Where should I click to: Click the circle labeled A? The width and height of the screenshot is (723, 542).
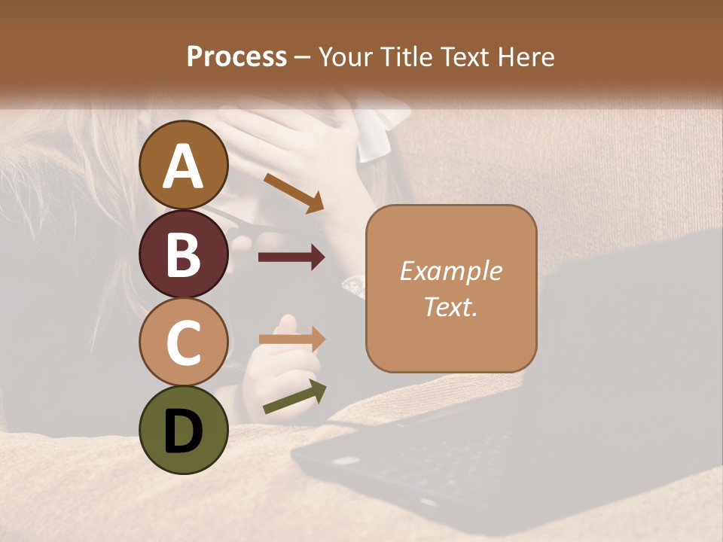(x=184, y=165)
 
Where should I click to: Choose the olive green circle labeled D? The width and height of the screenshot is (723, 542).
(x=184, y=430)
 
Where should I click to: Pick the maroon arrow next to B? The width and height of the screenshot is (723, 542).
(x=291, y=257)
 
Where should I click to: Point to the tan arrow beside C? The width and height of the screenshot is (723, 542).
(x=291, y=339)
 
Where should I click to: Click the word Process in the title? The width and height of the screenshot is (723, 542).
(x=236, y=56)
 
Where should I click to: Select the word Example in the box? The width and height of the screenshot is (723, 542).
(x=450, y=271)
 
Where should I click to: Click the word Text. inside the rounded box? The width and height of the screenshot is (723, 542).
(x=450, y=306)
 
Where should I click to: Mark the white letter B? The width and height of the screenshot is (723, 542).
(x=184, y=254)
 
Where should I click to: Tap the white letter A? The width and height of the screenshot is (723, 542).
(x=184, y=166)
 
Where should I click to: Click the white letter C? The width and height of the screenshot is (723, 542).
(x=184, y=342)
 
